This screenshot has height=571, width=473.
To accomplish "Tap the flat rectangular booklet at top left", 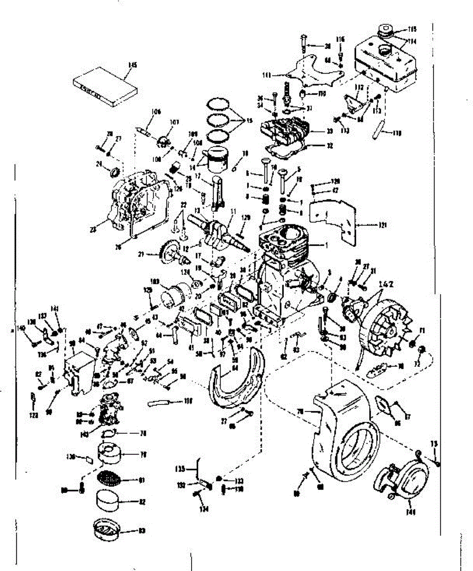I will coord(106,87).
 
